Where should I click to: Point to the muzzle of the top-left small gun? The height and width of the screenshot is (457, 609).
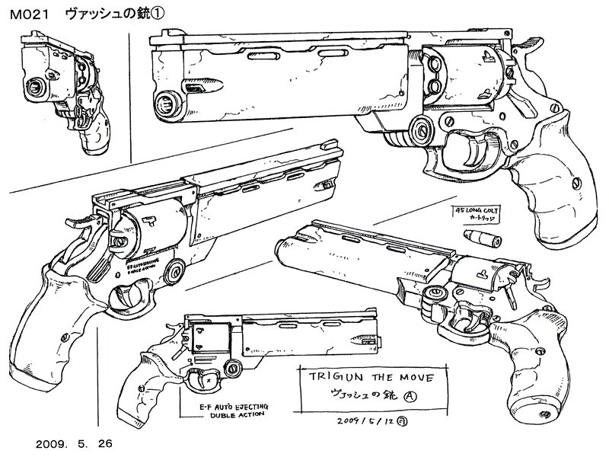36,88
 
